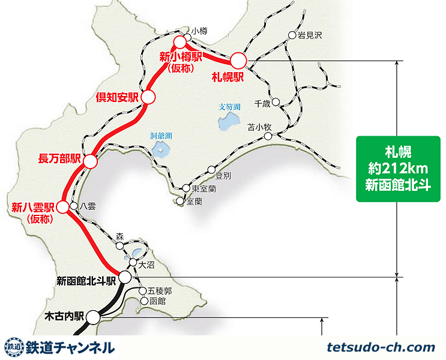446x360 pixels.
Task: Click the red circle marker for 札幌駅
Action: point(238,60)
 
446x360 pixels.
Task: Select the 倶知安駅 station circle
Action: point(148,96)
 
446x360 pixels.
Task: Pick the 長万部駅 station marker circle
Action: point(90,161)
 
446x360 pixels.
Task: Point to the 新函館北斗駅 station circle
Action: point(125,277)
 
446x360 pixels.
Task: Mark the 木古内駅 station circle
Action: point(94,316)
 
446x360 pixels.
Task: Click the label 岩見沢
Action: point(310,35)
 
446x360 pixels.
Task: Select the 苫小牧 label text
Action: point(260,127)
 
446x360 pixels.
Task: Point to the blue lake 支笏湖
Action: point(228,123)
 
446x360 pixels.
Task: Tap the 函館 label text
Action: point(157,301)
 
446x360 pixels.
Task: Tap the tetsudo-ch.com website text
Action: point(381,347)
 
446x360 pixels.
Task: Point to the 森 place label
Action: point(119,236)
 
